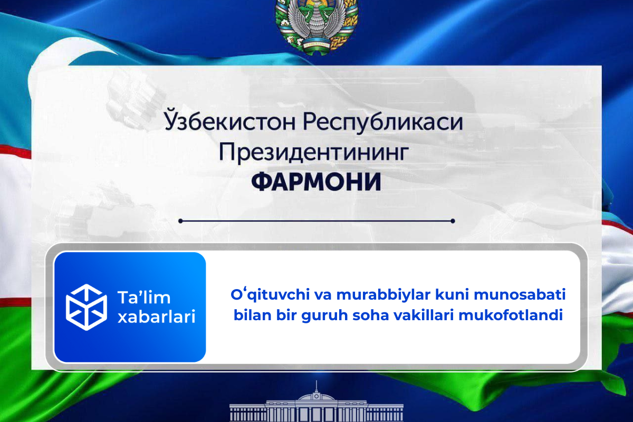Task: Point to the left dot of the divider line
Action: [x=181, y=221]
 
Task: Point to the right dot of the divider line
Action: [x=453, y=221]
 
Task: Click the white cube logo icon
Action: [x=86, y=306]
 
